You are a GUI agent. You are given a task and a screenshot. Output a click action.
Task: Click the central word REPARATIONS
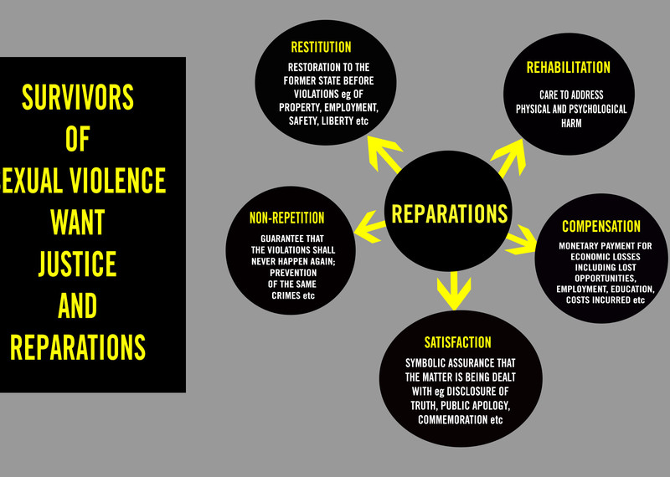pos(450,213)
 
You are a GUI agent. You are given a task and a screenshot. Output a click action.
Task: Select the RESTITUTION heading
pos(321,47)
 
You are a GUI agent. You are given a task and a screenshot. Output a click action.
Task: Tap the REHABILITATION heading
pos(568,67)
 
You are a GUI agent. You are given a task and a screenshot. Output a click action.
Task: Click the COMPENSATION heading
pos(601,227)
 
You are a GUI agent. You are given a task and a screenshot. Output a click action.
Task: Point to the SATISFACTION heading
pos(457,342)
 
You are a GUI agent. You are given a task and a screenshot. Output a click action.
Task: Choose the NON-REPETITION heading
pos(286,218)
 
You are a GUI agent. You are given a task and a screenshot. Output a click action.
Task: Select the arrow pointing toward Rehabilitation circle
pos(511,155)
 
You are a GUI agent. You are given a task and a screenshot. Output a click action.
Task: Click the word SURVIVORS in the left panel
pos(77,98)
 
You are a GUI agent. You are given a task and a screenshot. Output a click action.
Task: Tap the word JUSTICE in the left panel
pos(77,264)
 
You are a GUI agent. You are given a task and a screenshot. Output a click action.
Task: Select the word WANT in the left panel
pos(77,223)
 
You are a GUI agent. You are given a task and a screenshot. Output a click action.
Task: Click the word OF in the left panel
pos(77,139)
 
